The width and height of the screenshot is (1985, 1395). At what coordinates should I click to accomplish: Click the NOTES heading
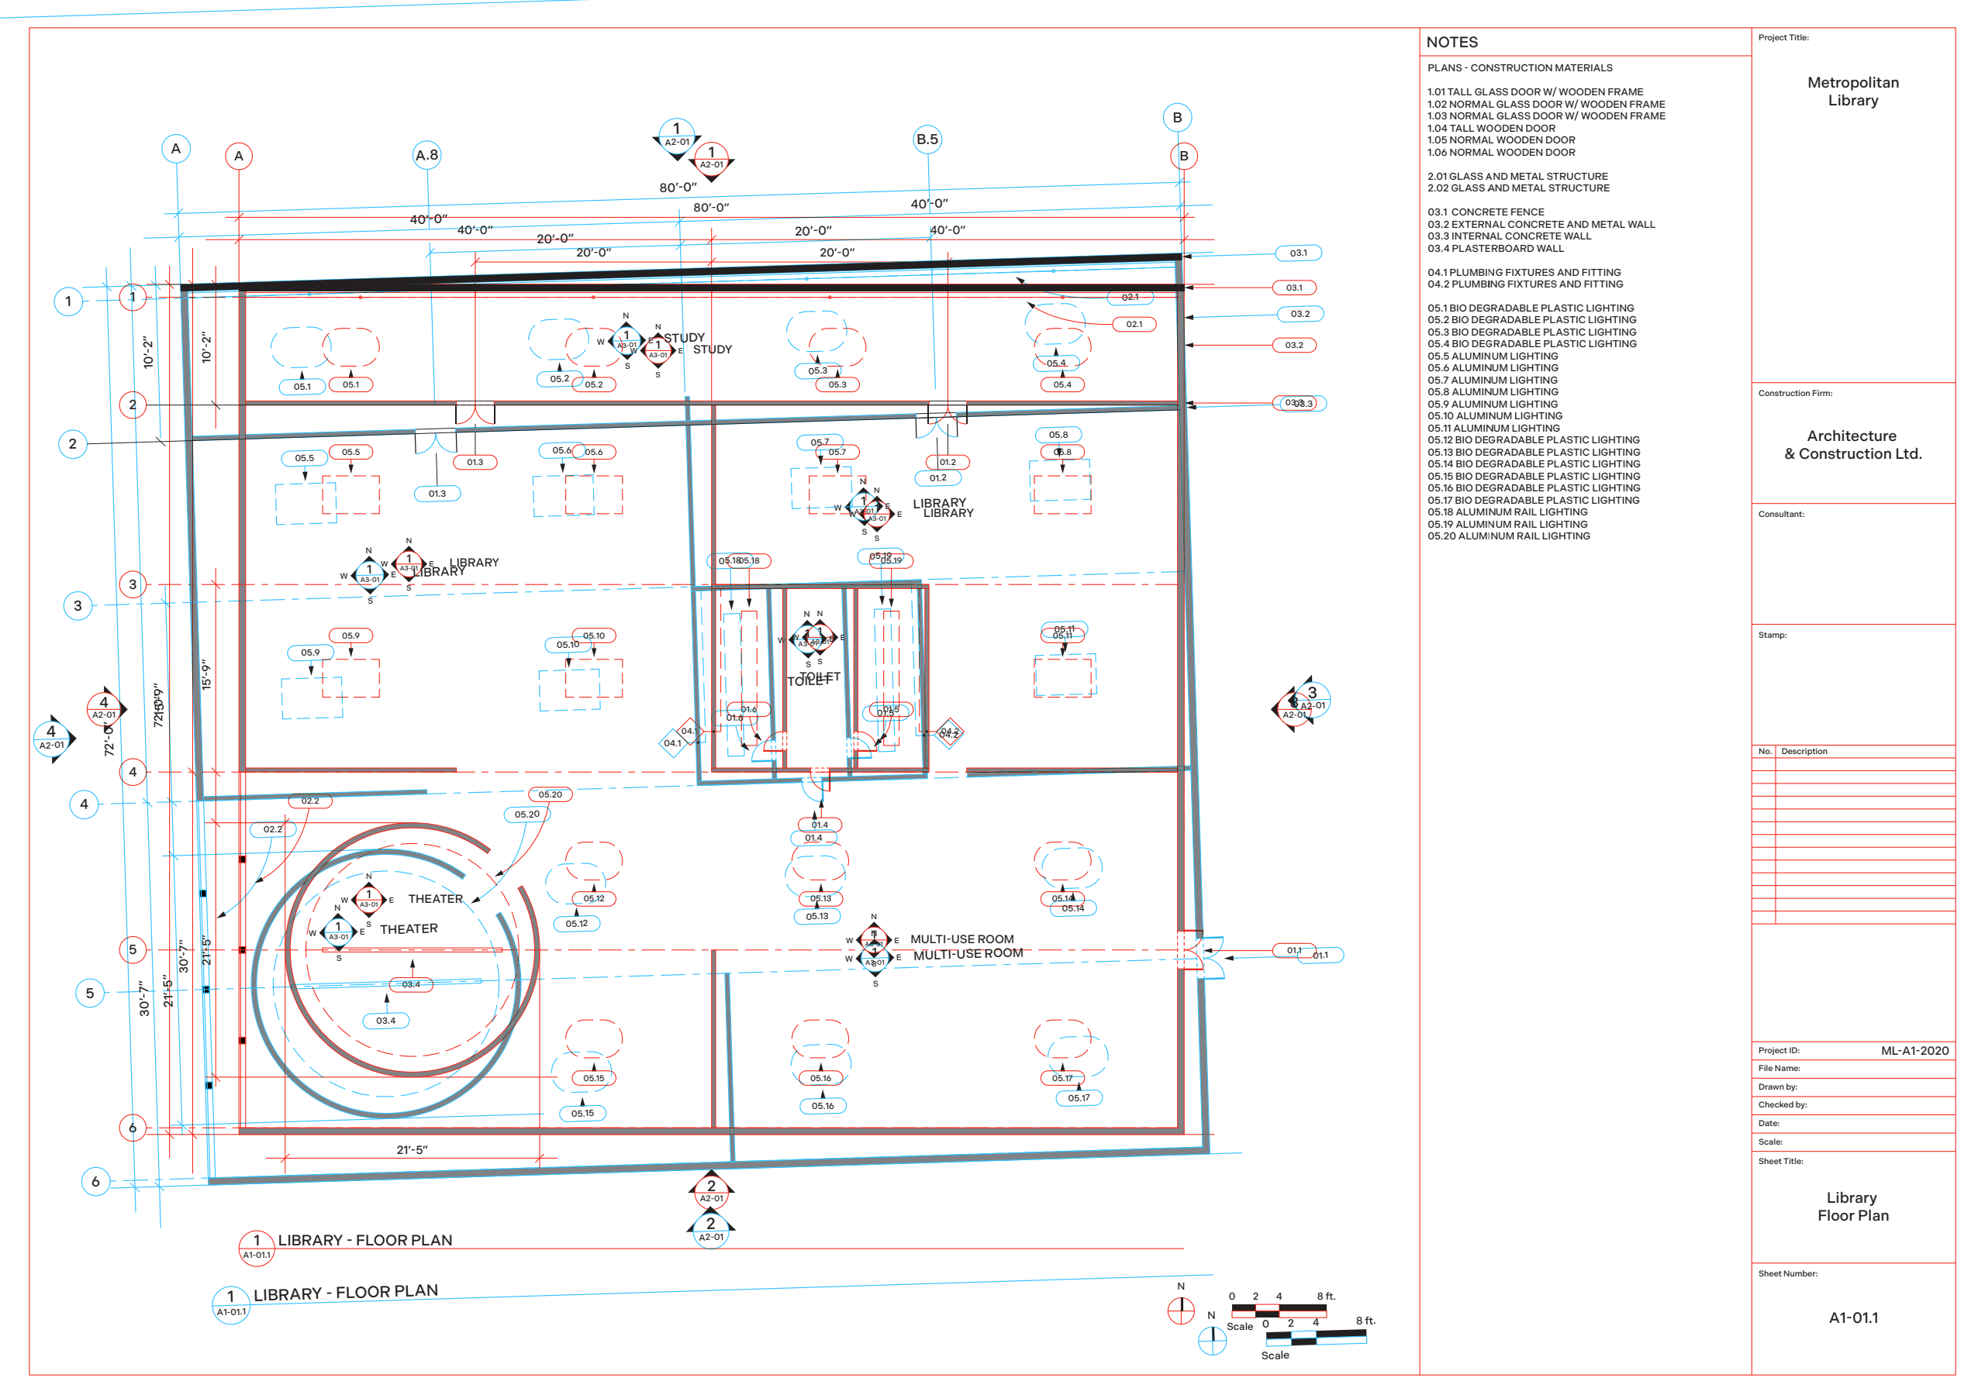[1452, 43]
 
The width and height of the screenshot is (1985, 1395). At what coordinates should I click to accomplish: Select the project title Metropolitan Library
[1852, 91]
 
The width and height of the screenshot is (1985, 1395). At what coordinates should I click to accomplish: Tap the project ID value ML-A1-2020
[1914, 1051]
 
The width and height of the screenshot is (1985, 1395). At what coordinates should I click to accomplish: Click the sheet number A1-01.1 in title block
[1852, 1318]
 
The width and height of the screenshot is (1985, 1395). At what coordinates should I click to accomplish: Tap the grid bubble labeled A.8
[427, 156]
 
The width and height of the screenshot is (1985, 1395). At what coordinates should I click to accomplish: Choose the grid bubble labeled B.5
[927, 139]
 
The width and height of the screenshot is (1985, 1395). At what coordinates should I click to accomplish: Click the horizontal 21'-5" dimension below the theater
[412, 1150]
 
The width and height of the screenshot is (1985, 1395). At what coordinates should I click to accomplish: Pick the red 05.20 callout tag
[550, 794]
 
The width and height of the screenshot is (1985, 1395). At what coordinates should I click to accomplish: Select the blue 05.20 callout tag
[526, 815]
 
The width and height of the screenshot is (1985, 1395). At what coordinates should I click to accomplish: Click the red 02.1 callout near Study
[1134, 324]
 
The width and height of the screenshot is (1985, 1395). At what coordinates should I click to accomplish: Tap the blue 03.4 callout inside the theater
[385, 1021]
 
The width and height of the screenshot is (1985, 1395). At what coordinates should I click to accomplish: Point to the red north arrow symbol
[1181, 1311]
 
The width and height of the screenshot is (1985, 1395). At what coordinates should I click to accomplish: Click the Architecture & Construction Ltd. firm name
[1852, 445]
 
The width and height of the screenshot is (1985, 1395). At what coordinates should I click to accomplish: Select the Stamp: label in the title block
[1772, 635]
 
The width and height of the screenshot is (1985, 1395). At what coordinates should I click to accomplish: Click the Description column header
[1804, 751]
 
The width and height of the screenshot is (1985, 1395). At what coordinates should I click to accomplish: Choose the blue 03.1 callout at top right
[1298, 253]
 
